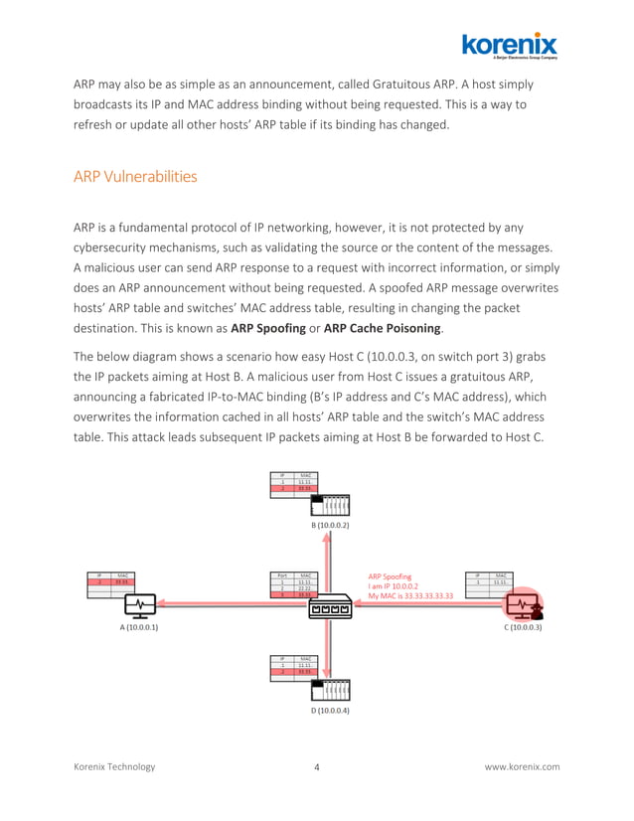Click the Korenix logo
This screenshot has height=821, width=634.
click(x=509, y=46)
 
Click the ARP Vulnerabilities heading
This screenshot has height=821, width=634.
click(x=135, y=177)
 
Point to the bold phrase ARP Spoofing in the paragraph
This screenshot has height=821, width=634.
click(x=270, y=327)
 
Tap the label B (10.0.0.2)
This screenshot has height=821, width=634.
click(x=329, y=525)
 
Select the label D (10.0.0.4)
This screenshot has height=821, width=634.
click(x=329, y=711)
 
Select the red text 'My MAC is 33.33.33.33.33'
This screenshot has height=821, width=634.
click(x=410, y=596)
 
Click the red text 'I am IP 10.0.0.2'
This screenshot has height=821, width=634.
click(x=394, y=586)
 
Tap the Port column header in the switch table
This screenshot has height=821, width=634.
click(x=282, y=575)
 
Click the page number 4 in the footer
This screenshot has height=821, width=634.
click(x=316, y=767)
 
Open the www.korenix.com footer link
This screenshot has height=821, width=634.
click(x=522, y=767)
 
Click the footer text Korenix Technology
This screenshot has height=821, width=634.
click(x=114, y=767)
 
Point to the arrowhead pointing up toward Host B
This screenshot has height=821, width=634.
click(x=329, y=538)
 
